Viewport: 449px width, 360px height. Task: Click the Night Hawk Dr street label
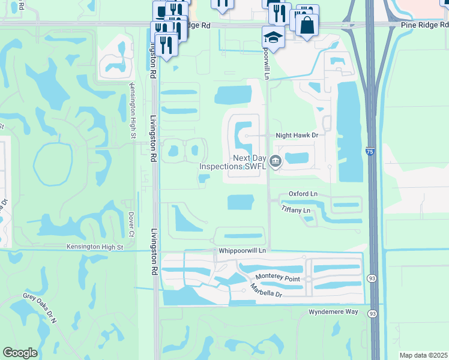(x=296, y=136)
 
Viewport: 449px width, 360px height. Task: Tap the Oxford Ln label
(x=303, y=194)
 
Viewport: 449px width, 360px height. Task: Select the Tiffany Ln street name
(x=296, y=210)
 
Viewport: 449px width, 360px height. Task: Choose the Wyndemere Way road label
(x=333, y=313)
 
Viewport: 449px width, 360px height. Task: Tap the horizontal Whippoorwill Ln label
(x=242, y=250)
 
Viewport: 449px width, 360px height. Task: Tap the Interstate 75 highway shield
(x=369, y=152)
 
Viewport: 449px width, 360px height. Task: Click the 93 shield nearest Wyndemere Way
(x=373, y=314)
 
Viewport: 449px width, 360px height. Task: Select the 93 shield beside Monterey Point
(x=373, y=278)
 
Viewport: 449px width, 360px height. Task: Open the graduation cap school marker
(x=274, y=37)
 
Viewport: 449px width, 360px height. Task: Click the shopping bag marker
(x=306, y=26)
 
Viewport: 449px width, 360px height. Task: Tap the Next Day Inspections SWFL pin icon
(x=276, y=160)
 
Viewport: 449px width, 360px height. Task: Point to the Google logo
(x=20, y=353)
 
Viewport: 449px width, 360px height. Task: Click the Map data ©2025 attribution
(x=423, y=355)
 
